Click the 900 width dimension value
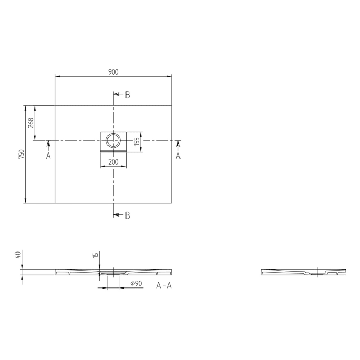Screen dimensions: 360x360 [x=113, y=72]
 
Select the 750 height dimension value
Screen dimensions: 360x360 [x=21, y=154]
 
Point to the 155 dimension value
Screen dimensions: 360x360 [x=137, y=141]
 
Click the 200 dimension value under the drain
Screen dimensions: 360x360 [x=113, y=163]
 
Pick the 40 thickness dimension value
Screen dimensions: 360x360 [x=18, y=255]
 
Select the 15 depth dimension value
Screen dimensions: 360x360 [x=95, y=255]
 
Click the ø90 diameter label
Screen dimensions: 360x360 [x=136, y=284]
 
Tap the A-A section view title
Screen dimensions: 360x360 [x=164, y=285]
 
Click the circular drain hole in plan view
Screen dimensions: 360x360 [x=113, y=139]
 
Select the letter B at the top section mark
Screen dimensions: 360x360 [x=127, y=95]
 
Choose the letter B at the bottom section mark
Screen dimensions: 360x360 [x=127, y=215]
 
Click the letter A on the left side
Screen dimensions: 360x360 [x=48, y=155]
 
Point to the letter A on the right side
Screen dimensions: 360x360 [x=178, y=155]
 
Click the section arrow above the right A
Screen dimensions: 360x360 [x=178, y=145]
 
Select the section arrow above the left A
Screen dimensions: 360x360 [x=48, y=145]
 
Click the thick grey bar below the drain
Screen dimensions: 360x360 [x=113, y=152]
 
